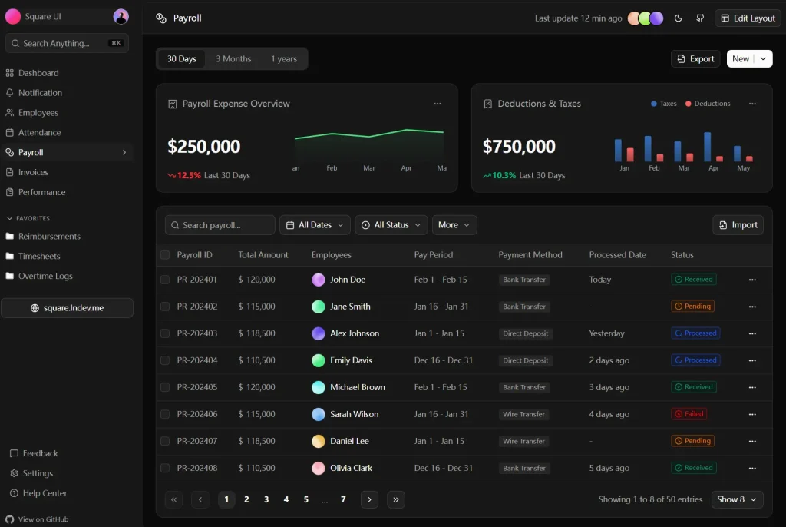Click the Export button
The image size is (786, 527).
[695, 59]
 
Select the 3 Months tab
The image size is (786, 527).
[233, 59]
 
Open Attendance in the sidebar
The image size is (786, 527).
[39, 133]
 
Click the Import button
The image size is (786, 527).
[738, 225]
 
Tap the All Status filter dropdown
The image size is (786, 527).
[391, 225]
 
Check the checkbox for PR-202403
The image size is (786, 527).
[165, 333]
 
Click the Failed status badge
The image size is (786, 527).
[689, 414]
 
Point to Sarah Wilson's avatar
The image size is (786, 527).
[319, 414]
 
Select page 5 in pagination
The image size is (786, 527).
[305, 499]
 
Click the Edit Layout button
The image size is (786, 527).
[748, 18]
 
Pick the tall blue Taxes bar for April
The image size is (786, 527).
[707, 147]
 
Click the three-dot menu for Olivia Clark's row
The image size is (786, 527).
[752, 468]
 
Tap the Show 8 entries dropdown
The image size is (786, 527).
[737, 499]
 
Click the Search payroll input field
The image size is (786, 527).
[220, 225]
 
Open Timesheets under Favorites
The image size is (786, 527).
[39, 257]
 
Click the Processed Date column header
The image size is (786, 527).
[617, 255]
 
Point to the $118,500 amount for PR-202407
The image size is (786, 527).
[257, 441]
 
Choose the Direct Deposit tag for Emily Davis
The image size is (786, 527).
[526, 360]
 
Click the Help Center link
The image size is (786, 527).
[45, 493]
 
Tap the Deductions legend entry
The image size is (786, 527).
[708, 104]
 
